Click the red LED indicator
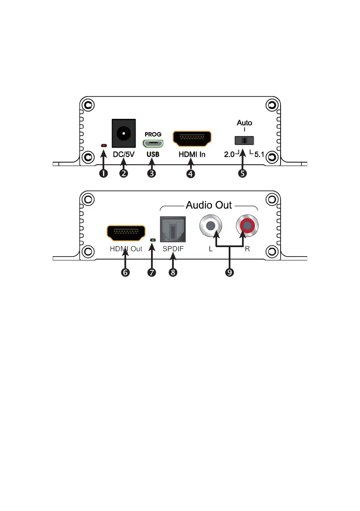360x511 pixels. [103, 146]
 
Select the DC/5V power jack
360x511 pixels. [124, 133]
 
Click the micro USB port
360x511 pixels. [153, 143]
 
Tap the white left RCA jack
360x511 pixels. [210, 226]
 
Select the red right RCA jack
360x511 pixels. [247, 226]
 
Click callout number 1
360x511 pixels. [103, 173]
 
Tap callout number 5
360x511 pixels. [243, 173]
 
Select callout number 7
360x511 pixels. [152, 273]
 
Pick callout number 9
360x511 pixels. [230, 273]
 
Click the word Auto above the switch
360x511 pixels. [245, 123]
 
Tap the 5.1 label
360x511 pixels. [259, 155]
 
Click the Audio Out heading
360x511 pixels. [209, 205]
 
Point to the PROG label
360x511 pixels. [153, 134]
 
